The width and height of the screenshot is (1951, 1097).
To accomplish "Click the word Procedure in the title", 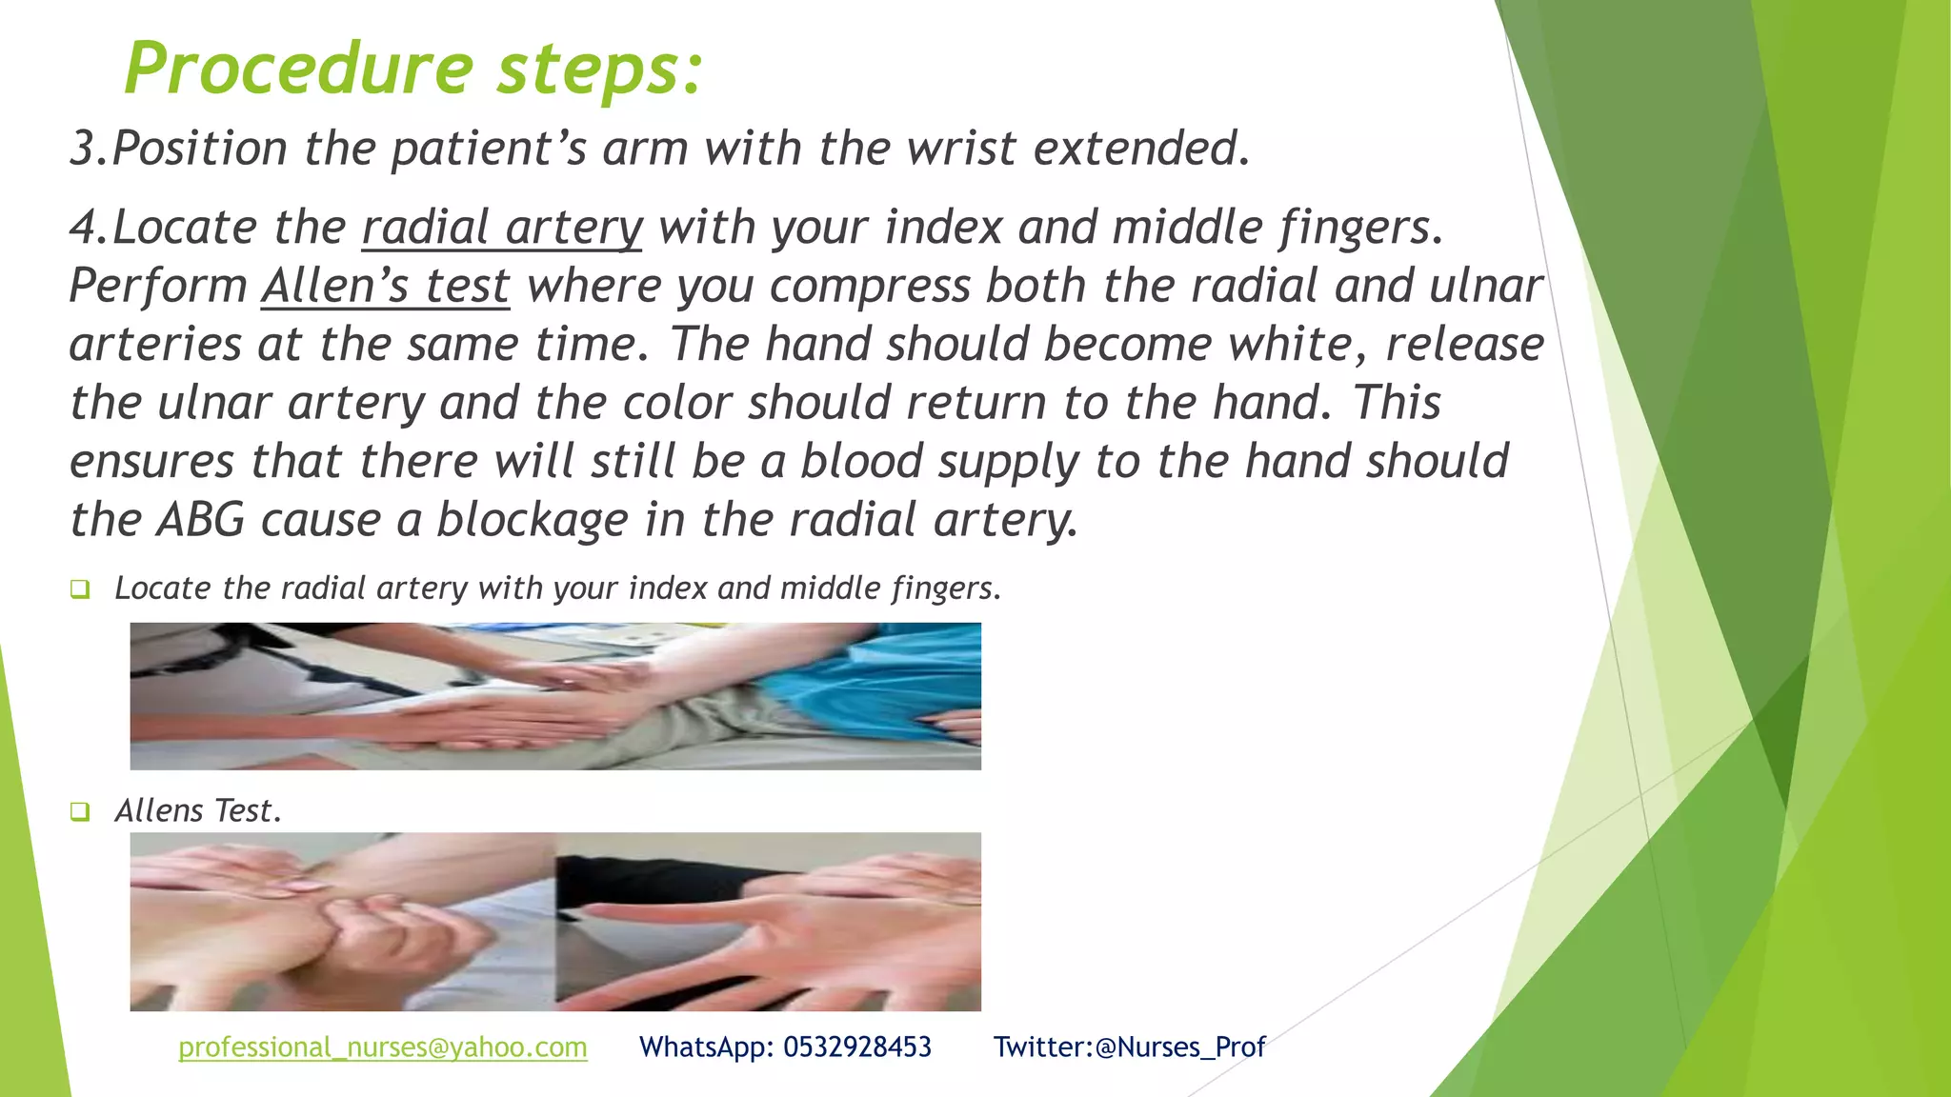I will click(x=298, y=69).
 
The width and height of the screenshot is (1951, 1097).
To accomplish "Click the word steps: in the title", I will click(x=600, y=69).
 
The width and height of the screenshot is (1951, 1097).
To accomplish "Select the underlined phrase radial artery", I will click(x=502, y=229).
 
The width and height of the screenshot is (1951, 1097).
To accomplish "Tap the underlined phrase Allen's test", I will click(x=386, y=287).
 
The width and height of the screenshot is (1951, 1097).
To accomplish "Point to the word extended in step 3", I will click(x=1140, y=150).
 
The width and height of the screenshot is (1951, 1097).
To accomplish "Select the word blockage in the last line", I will click(x=532, y=521).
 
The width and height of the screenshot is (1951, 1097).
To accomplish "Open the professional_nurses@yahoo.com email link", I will click(x=383, y=1047).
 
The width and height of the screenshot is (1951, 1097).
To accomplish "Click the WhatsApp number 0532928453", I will click(x=857, y=1047).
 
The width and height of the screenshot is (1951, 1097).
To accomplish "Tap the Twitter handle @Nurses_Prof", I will click(x=1180, y=1047).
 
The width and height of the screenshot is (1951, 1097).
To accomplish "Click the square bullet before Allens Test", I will click(x=80, y=812).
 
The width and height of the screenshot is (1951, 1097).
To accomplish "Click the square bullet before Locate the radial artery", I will click(x=80, y=589).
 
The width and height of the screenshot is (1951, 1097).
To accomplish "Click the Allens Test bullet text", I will click(x=198, y=811).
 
